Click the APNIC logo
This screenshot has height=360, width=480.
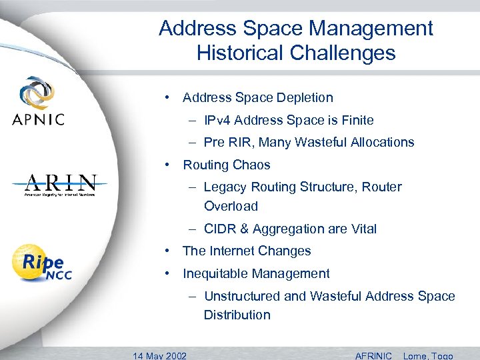pyautogui.click(x=38, y=101)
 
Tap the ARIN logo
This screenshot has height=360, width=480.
pyautogui.click(x=61, y=185)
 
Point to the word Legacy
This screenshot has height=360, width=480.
pyautogui.click(x=225, y=187)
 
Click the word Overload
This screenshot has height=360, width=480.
pyautogui.click(x=231, y=206)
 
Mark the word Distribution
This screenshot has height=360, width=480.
pyautogui.click(x=237, y=315)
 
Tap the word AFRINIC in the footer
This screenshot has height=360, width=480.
pyautogui.click(x=374, y=355)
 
